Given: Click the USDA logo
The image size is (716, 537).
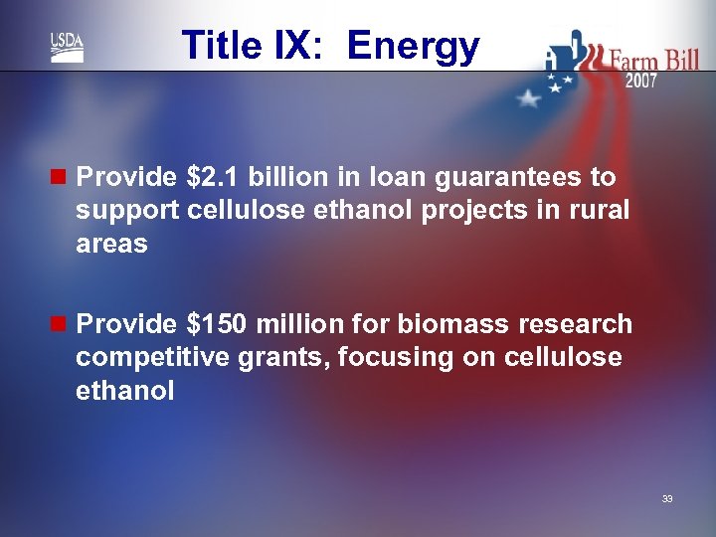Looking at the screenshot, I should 67,47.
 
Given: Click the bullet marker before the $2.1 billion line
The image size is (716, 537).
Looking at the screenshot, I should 62,177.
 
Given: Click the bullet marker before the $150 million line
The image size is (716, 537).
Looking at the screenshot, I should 62,324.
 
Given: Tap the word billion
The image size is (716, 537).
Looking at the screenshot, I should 285,177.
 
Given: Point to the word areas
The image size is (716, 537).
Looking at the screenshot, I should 111,245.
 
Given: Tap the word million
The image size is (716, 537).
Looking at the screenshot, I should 298,324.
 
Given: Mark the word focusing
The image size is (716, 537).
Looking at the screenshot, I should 386,358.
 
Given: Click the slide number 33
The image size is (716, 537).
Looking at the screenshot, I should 667,498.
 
